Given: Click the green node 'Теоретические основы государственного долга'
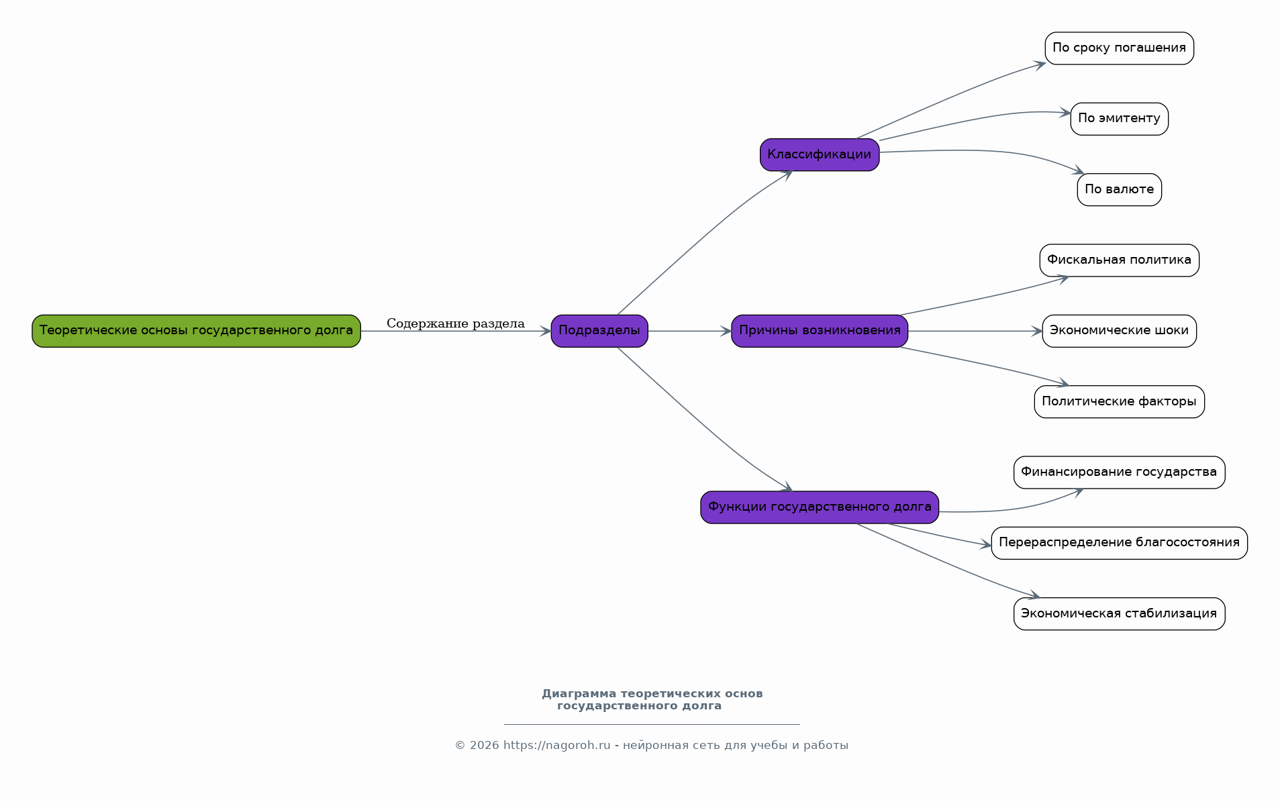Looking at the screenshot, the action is (x=196, y=331).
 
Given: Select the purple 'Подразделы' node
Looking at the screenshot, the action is (x=599, y=331).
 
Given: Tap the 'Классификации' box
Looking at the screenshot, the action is (x=820, y=155).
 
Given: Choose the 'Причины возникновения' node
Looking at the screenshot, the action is (x=820, y=331).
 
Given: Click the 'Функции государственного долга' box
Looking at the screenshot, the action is (x=820, y=507).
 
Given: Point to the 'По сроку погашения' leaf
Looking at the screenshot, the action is (x=1119, y=48).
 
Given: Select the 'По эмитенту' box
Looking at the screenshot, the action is (x=1119, y=119).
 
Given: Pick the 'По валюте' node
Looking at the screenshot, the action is (x=1119, y=190).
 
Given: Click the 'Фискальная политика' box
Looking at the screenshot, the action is (x=1119, y=260).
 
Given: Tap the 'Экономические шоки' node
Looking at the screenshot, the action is (x=1119, y=331).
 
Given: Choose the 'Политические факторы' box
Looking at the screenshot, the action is (x=1119, y=402).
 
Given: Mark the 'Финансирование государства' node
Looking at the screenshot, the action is (x=1119, y=472).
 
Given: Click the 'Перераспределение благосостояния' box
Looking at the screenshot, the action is (x=1119, y=543).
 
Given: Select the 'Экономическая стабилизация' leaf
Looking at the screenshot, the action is (x=1119, y=614).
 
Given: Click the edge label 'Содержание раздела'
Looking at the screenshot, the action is (x=456, y=323).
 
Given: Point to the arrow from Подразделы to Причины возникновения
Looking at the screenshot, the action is (x=690, y=331).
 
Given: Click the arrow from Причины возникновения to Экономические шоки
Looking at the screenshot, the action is (x=975, y=331).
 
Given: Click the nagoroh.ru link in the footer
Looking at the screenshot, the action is (x=557, y=746).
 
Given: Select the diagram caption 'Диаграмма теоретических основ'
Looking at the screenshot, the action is (x=652, y=694).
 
